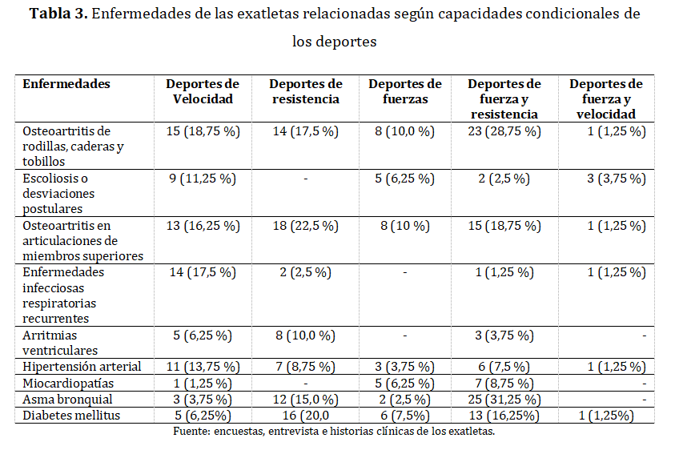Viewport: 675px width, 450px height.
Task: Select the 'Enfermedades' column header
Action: [x=66, y=84]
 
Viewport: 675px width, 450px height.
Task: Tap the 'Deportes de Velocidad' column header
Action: [x=203, y=92]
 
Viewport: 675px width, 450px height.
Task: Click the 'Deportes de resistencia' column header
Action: [x=305, y=92]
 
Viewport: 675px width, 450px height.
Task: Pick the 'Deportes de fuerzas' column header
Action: [x=404, y=92]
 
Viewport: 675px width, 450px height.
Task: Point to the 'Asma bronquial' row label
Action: [x=67, y=399]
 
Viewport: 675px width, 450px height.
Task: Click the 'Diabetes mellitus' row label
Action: [x=72, y=415]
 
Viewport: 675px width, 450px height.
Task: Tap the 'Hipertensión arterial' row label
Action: [x=82, y=367]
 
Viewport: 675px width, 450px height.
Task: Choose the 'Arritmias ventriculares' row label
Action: [x=60, y=343]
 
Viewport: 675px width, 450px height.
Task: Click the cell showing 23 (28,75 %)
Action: [x=504, y=131]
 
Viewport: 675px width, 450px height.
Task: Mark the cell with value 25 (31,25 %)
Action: [x=504, y=399]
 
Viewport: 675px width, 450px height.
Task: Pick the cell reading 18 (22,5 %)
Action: [x=305, y=226]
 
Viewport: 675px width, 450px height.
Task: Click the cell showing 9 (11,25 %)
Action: [x=203, y=179]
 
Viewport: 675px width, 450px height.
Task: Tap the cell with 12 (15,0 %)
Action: [x=305, y=399]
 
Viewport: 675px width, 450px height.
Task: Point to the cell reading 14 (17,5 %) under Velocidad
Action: [x=203, y=272]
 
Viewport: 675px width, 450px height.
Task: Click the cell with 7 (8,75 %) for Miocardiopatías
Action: [x=504, y=383]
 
